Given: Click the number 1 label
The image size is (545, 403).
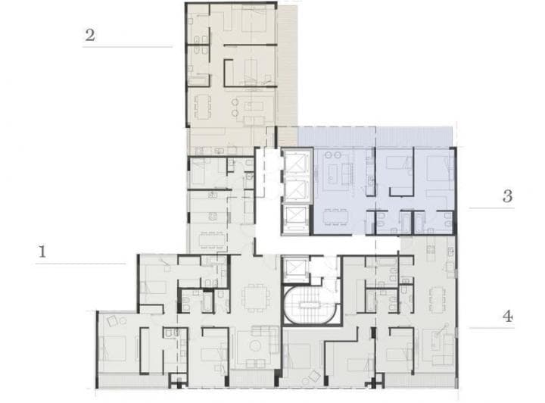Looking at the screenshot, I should pos(43,252).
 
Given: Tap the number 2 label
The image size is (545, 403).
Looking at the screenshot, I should pos(90,35).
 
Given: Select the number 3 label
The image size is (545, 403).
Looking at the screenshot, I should pos(507,196).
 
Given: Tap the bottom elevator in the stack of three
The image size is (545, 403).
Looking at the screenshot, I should pos(294,217).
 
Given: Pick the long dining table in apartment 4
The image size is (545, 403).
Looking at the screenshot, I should pos(437,300).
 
